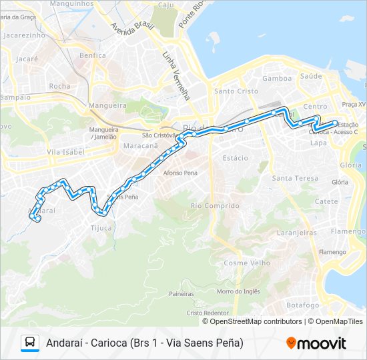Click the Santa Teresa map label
coord(295,178)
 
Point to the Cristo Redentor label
coord(208,313)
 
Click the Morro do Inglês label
coord(238,291)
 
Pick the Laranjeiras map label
coord(296,233)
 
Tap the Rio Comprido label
coord(214,206)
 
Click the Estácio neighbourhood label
coord(235,158)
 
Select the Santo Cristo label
coord(232,91)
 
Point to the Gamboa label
coord(277,78)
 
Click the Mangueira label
coord(107,105)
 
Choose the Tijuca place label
coord(101,228)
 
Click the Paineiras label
coord(181,293)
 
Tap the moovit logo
coord(316,343)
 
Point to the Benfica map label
coord(92,55)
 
